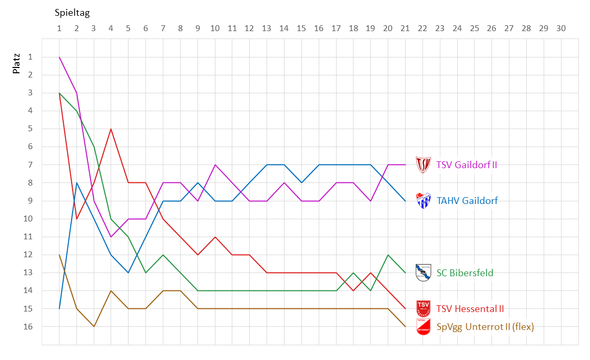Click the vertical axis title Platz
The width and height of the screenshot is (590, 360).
point(16,62)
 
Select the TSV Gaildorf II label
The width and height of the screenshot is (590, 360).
point(466,165)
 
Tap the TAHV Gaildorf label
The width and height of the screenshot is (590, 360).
point(467,200)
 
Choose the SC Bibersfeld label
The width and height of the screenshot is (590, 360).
point(465,273)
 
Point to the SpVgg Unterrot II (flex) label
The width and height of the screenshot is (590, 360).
point(485,327)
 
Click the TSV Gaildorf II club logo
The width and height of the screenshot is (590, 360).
point(424,164)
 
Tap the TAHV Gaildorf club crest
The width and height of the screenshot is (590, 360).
point(424,200)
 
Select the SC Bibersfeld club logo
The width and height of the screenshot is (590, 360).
point(424,273)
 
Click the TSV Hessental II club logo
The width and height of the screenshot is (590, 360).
point(424,308)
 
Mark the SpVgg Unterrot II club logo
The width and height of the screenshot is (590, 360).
point(424,326)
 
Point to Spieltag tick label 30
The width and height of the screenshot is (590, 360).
point(560,28)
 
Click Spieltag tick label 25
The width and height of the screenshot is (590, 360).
point(474,28)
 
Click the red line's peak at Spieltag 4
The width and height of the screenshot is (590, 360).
point(111,129)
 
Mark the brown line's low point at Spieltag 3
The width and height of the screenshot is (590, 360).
point(94,326)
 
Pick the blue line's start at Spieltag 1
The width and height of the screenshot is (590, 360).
point(59,308)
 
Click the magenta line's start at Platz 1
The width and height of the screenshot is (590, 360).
point(59,57)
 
